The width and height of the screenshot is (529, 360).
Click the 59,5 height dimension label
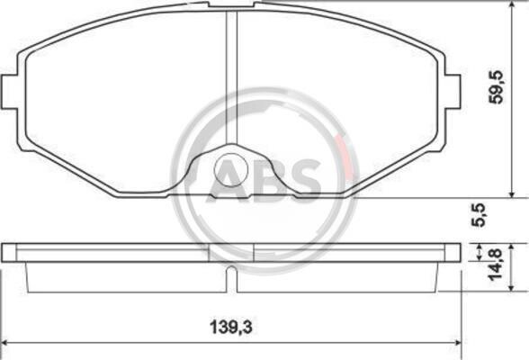click(x=497, y=87)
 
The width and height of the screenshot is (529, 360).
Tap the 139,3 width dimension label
click(x=231, y=327)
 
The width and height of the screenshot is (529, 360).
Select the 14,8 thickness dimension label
click(x=496, y=265)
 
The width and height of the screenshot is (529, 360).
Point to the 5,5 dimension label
click(x=479, y=214)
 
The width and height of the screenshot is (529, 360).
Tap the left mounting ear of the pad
click(x=9, y=92)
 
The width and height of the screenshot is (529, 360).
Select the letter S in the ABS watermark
click(x=305, y=179)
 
